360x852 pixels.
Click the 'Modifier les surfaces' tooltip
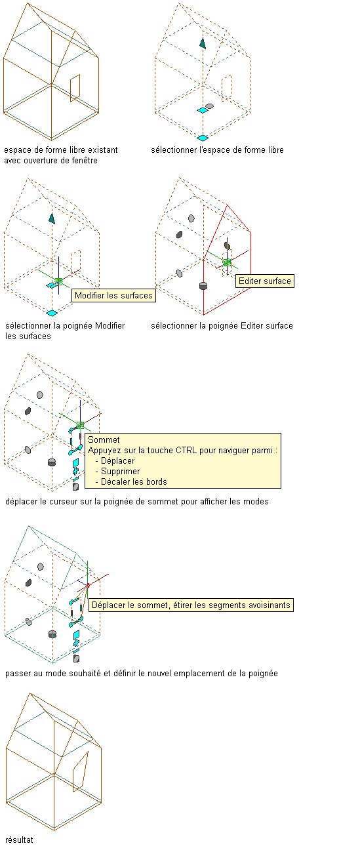[113, 295]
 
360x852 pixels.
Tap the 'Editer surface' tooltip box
[264, 281]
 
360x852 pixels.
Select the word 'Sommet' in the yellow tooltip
[104, 439]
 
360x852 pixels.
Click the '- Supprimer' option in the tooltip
[117, 472]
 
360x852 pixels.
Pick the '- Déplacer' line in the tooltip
[115, 460]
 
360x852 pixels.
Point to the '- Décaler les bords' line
[131, 481]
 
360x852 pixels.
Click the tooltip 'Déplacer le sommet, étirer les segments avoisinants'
[191, 605]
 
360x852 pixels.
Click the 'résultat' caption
[19, 840]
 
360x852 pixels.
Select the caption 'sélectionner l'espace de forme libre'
[217, 150]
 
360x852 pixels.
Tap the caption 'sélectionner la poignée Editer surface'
[222, 325]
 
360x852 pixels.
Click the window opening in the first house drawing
[75, 89]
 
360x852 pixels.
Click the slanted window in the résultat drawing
[81, 771]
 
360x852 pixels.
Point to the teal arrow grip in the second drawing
[203, 43]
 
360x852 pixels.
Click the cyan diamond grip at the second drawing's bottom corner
[203, 138]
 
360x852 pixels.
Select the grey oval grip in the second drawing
[209, 106]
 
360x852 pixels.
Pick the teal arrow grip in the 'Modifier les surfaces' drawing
[52, 218]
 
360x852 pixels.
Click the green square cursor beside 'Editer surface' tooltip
[227, 262]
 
